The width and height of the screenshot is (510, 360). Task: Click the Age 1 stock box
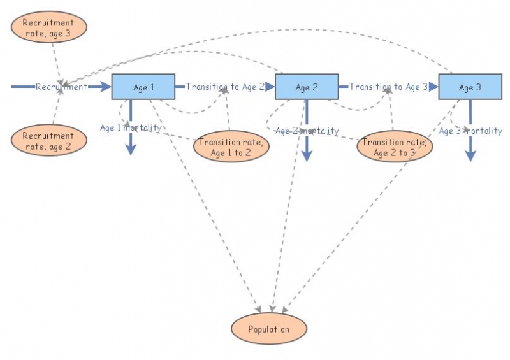coord(143,87)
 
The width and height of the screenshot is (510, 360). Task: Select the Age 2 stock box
coord(307,87)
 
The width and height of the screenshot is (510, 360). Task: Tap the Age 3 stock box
coord(470,87)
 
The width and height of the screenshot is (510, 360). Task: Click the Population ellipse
coord(268,329)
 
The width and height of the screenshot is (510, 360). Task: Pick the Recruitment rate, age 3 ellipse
coord(48,27)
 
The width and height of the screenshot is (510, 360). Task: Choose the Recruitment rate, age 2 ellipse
coord(48,140)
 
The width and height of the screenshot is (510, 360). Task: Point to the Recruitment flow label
coord(61,87)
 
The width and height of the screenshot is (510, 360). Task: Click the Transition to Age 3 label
coord(388,87)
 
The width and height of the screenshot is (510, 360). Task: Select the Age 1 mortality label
coord(131,127)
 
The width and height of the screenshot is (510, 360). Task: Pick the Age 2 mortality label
coord(307,131)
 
